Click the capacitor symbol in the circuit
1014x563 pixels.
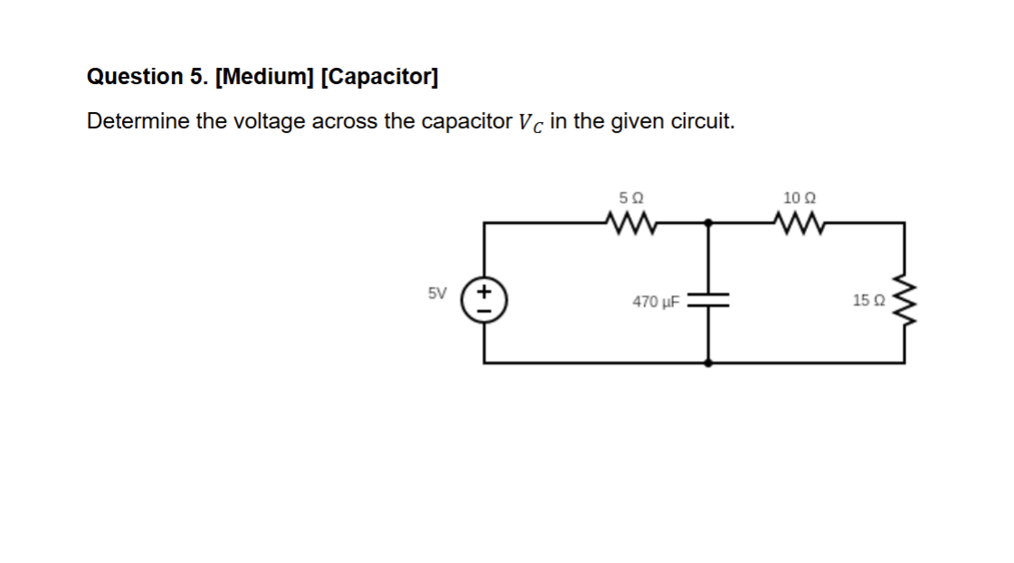click(x=707, y=300)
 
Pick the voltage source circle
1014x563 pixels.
click(x=484, y=301)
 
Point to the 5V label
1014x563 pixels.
click(x=437, y=293)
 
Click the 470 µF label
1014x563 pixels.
click(x=656, y=302)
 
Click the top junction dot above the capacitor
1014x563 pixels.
click(x=707, y=221)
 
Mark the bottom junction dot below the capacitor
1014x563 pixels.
click(x=707, y=362)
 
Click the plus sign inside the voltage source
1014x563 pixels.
click(x=484, y=292)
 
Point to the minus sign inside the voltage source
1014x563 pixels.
click(x=484, y=311)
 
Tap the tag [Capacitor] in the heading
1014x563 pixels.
click(x=380, y=77)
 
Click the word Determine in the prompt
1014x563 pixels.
click(x=137, y=121)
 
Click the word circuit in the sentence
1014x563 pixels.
click(x=701, y=121)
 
